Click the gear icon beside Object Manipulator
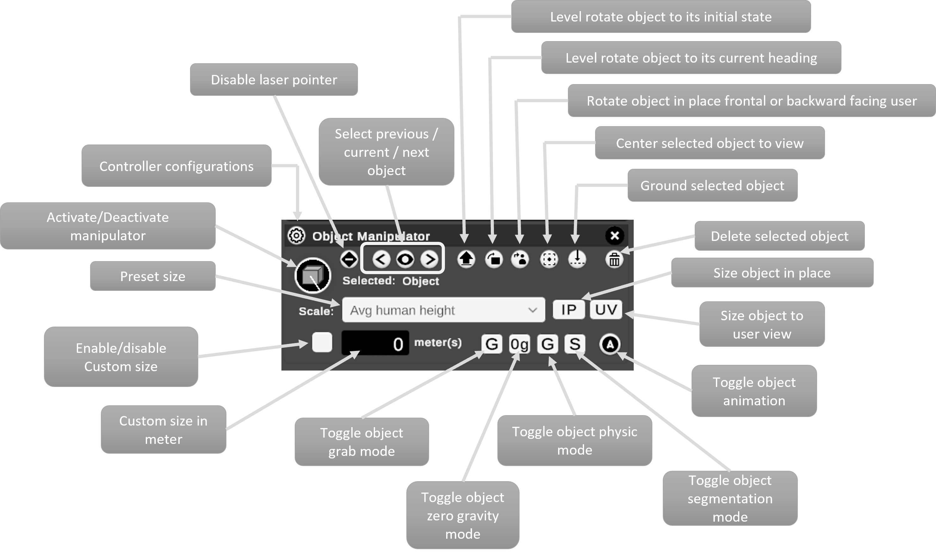point(297,236)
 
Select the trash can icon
point(614,259)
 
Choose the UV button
point(606,310)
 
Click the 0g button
point(519,344)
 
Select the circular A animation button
point(610,344)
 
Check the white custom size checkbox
point(322,342)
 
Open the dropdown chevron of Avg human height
point(533,310)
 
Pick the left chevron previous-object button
point(381,259)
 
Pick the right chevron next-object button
point(429,259)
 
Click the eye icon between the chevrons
point(405,259)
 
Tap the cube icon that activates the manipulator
point(312,276)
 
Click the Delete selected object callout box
point(779,236)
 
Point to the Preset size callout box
point(152,276)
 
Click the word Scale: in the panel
point(316,311)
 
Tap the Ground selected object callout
point(712,185)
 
